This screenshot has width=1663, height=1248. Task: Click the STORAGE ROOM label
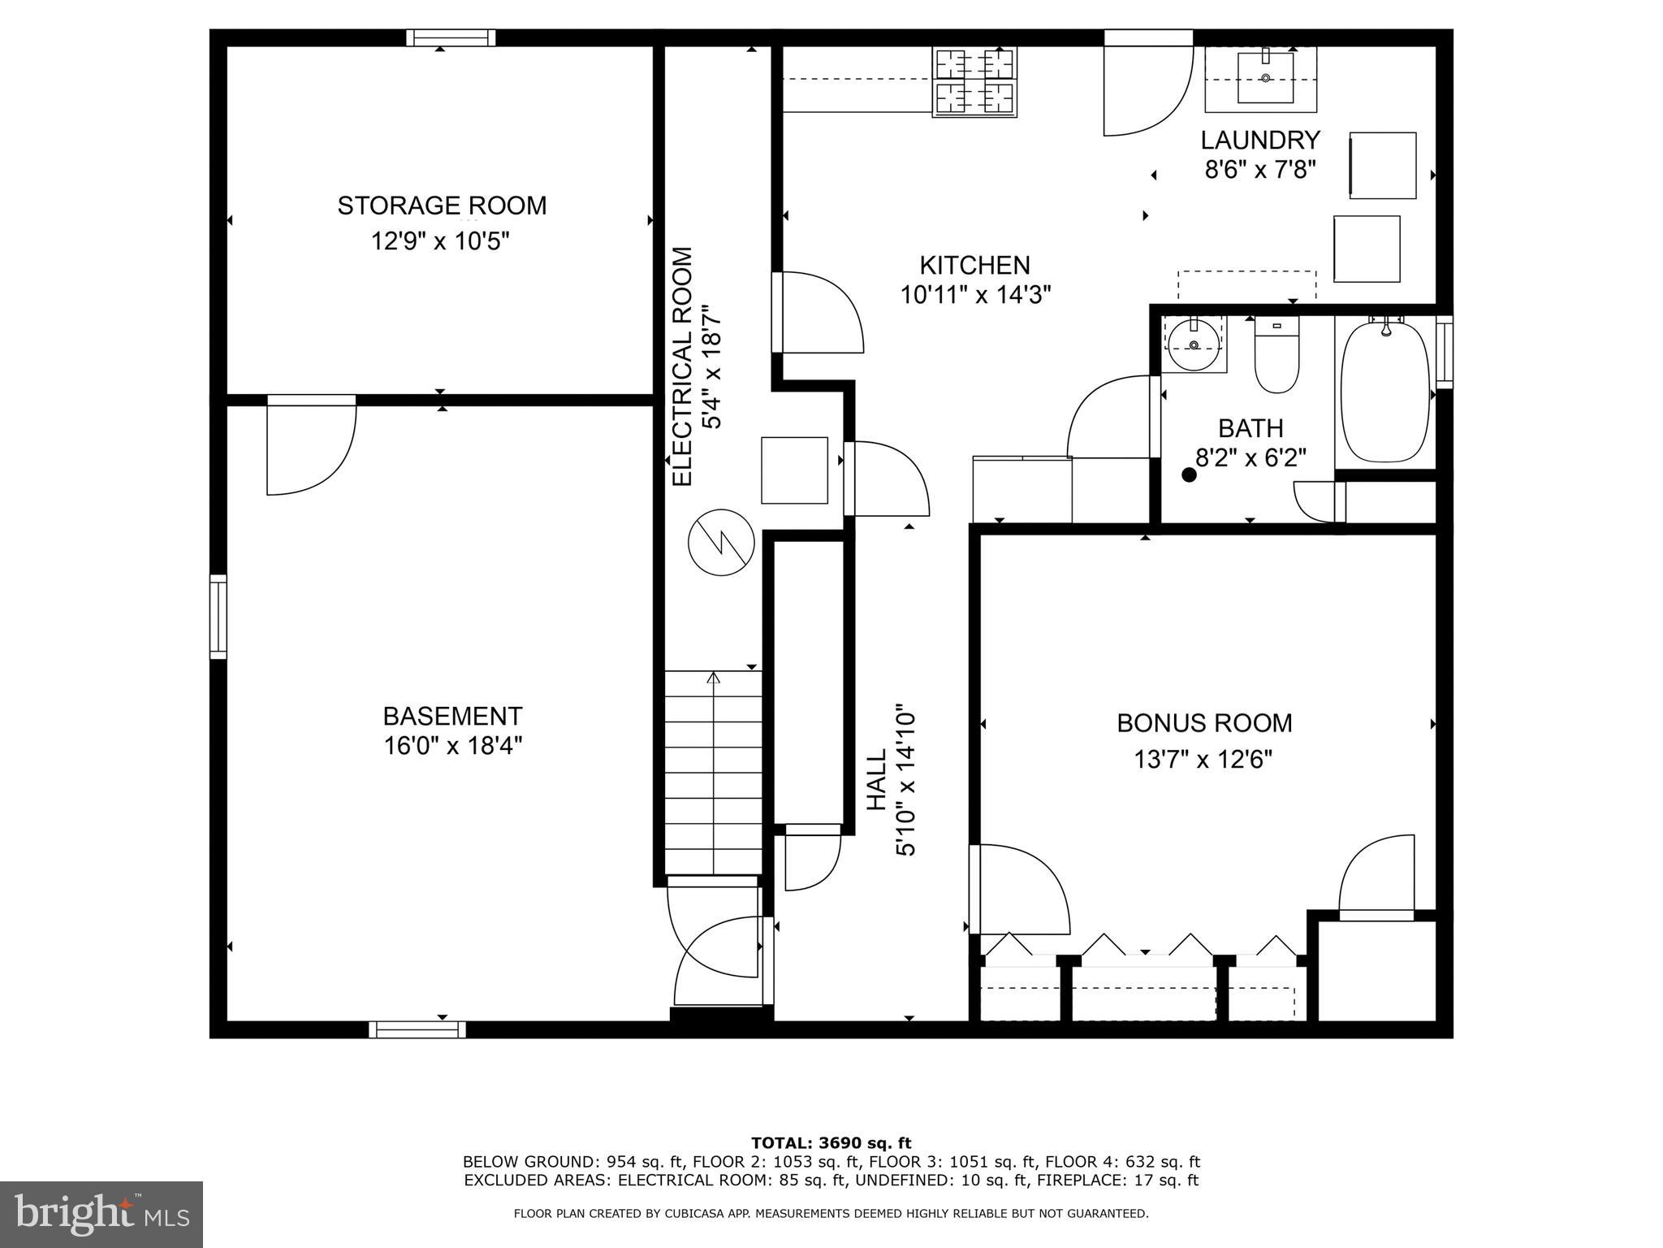[442, 206]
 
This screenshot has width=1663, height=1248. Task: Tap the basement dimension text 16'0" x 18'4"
[452, 746]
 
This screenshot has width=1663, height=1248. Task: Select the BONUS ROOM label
[1204, 723]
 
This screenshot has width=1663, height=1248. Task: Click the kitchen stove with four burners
[975, 82]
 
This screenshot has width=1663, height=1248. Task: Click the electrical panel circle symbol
[721, 543]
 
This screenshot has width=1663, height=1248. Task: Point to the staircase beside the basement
[713, 772]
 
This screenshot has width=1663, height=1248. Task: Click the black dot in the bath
[1189, 475]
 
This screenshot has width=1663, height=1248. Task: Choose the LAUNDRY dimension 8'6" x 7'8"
[1259, 170]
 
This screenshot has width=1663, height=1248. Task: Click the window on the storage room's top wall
[451, 38]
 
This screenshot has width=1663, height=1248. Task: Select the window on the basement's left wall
[218, 617]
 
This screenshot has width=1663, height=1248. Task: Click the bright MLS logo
[102, 1214]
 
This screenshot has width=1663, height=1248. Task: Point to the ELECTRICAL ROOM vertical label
[683, 366]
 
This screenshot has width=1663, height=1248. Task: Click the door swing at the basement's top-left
[311, 447]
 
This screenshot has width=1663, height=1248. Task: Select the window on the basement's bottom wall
[417, 1029]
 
